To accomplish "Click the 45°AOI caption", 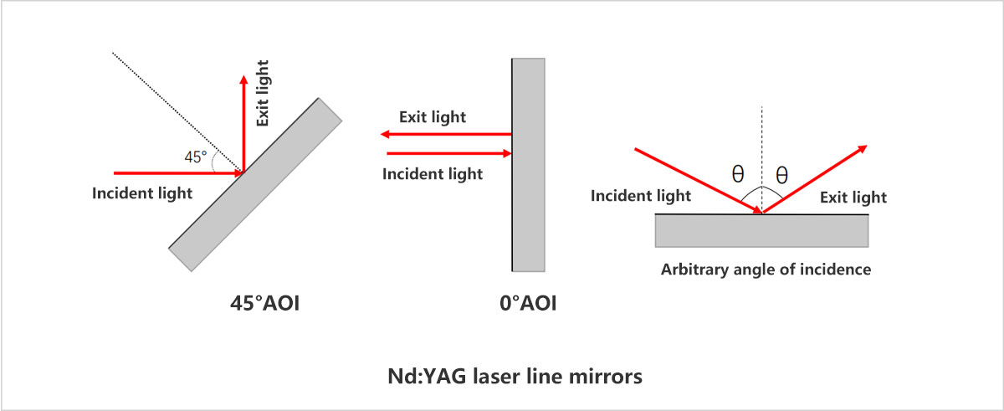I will click(x=264, y=303).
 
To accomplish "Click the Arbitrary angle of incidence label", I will click(x=766, y=270).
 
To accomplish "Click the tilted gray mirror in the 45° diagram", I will click(x=255, y=184).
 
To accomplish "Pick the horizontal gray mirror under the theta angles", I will click(x=761, y=230).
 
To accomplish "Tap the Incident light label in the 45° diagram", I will click(x=142, y=193).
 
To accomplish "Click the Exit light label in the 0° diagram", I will click(x=433, y=116).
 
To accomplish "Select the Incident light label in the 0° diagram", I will click(x=433, y=174).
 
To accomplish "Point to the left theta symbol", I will click(x=737, y=174).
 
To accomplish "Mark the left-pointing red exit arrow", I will click(x=443, y=134).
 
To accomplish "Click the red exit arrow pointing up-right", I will click(x=816, y=177).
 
